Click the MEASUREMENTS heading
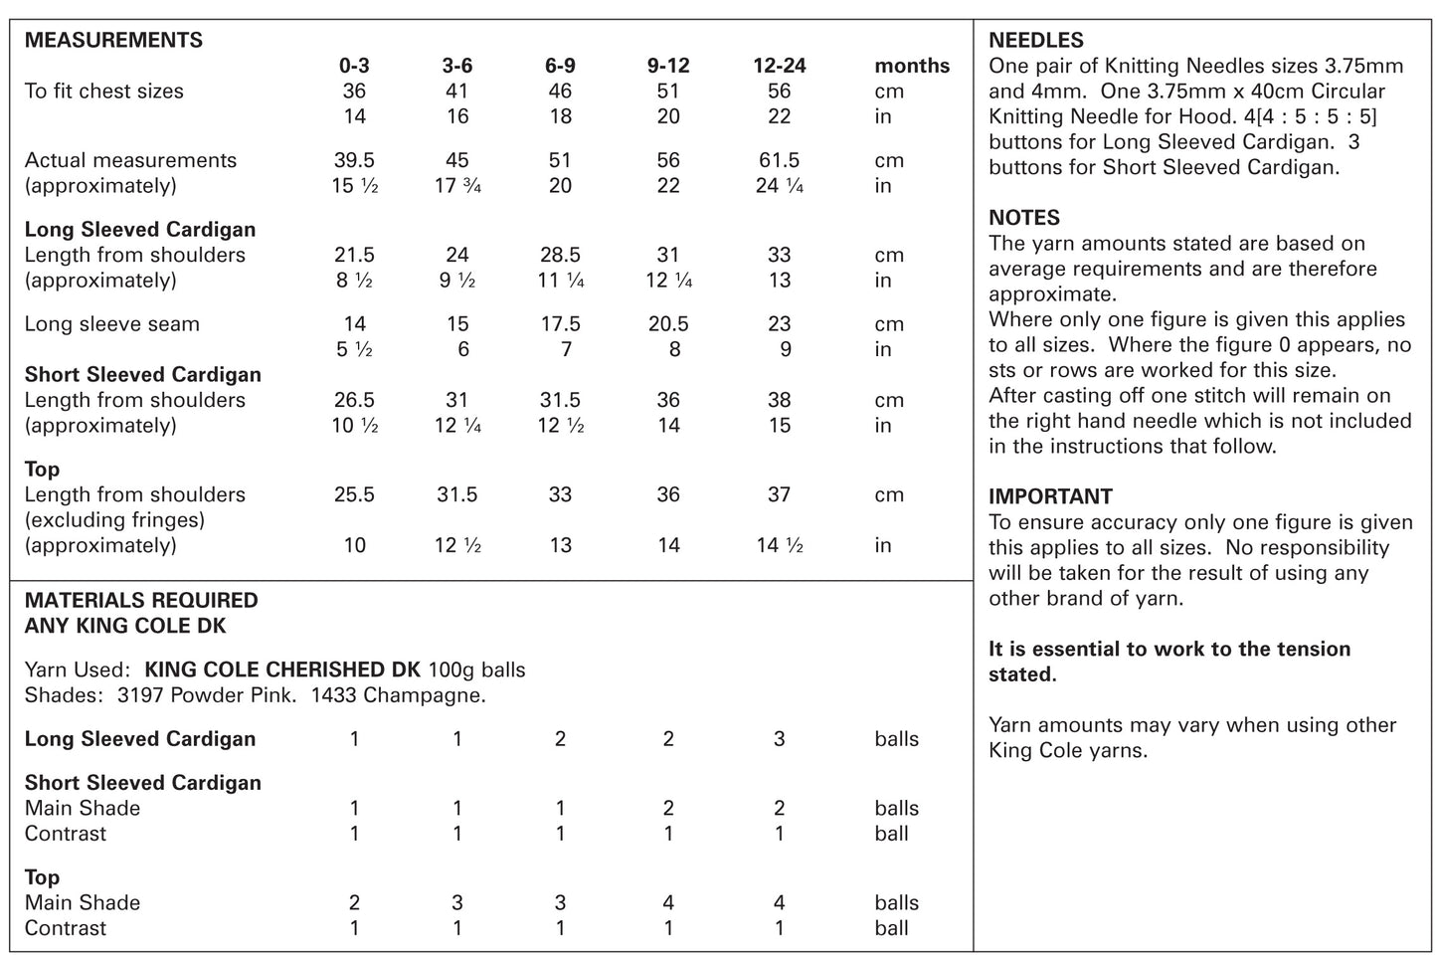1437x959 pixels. (x=113, y=40)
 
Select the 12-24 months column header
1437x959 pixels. (x=779, y=66)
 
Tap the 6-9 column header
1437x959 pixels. (x=560, y=66)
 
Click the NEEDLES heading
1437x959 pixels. (x=1036, y=40)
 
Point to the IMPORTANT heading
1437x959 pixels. (x=1050, y=495)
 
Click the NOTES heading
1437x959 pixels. (x=1024, y=218)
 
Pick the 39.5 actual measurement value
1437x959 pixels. (x=354, y=160)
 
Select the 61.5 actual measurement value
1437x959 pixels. (x=779, y=160)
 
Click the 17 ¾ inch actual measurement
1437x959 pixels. (x=457, y=186)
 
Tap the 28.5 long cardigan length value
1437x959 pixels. (x=560, y=255)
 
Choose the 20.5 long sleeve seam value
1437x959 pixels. (x=668, y=324)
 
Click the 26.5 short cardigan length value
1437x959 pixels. (x=354, y=400)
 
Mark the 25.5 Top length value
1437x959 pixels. (x=354, y=494)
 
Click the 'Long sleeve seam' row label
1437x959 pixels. (x=111, y=324)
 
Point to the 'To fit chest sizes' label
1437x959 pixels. (x=103, y=92)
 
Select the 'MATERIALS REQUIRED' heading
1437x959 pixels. (x=141, y=600)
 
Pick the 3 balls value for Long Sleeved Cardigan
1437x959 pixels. (x=779, y=739)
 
